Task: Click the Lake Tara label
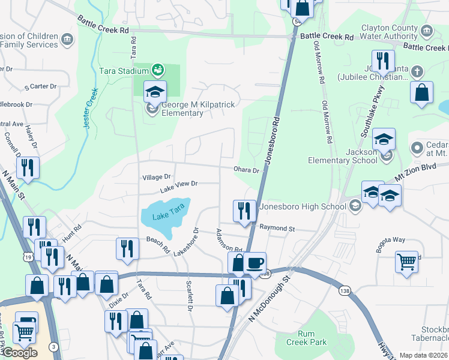(x=166, y=217)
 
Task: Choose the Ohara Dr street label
(x=247, y=170)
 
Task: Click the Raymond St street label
(x=277, y=228)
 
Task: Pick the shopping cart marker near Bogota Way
(x=407, y=262)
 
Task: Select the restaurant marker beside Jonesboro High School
(x=244, y=211)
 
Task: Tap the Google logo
(x=20, y=353)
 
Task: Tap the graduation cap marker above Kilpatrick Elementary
(x=155, y=91)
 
